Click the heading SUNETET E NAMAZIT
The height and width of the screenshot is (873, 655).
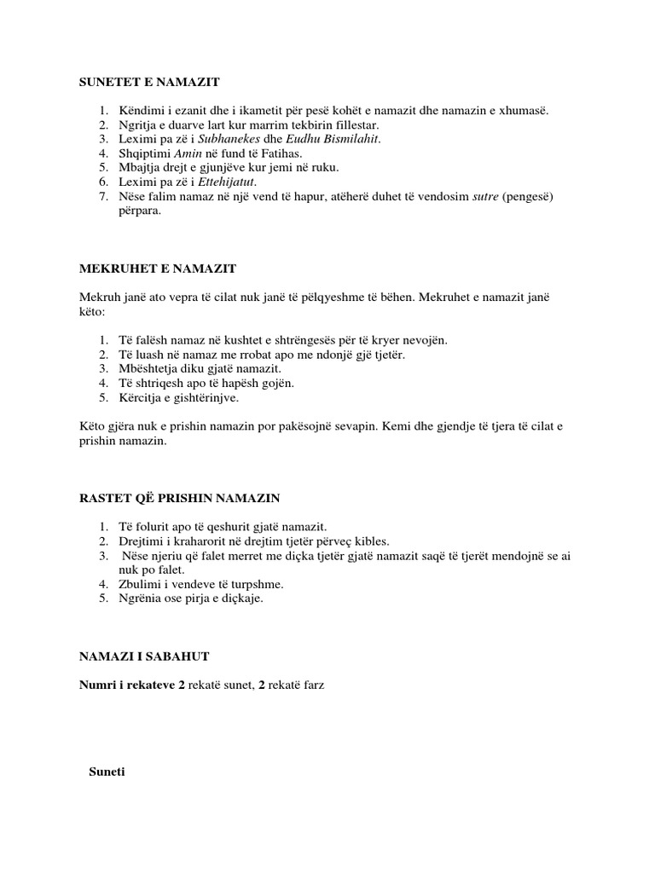[x=149, y=82]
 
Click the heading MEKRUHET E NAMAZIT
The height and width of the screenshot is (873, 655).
[x=157, y=269]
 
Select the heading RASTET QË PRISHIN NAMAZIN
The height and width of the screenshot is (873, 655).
[x=179, y=497]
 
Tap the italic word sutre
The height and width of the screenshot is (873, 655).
[x=480, y=196]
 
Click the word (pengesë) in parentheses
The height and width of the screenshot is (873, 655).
[x=529, y=196]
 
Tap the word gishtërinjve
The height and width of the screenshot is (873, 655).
[x=206, y=398]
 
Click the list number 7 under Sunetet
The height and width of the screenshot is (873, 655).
[x=102, y=196]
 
